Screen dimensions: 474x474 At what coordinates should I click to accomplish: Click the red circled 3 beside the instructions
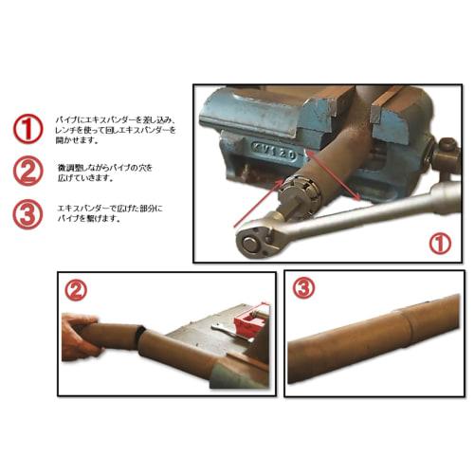coord(27,212)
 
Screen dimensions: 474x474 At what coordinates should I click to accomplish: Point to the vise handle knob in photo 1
coord(446,151)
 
